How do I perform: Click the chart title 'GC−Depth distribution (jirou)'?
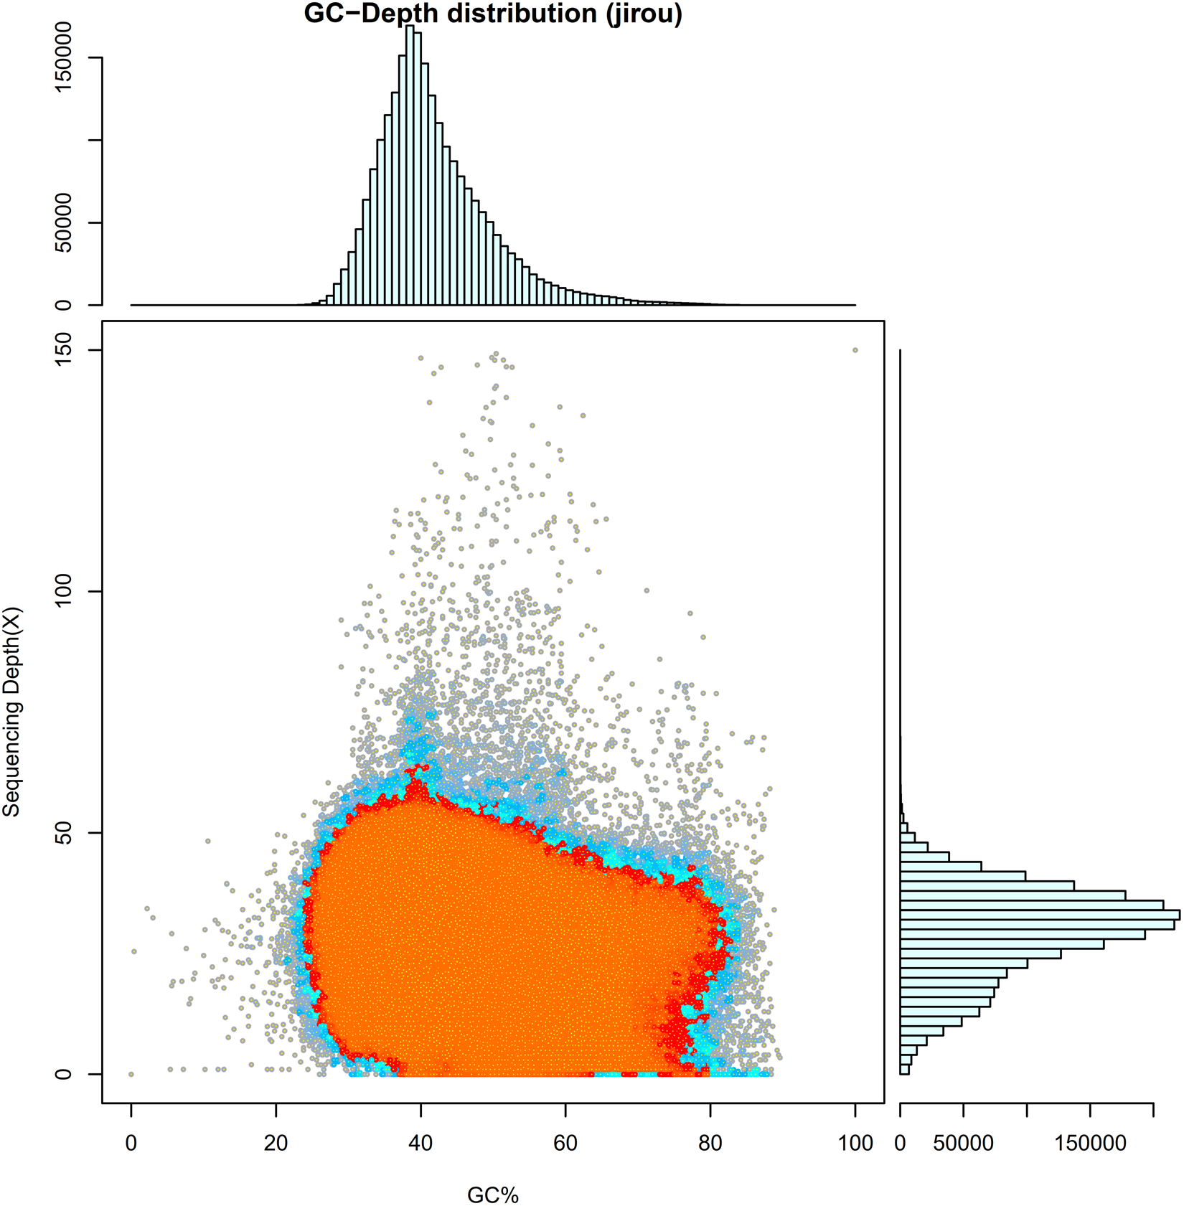pyautogui.click(x=492, y=14)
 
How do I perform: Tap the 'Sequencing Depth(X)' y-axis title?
pyautogui.click(x=12, y=712)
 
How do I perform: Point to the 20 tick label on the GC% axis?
pyautogui.click(x=276, y=1143)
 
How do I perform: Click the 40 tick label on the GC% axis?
pyautogui.click(x=420, y=1143)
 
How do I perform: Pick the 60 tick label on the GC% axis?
pyautogui.click(x=565, y=1143)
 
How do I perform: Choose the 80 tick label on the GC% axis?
pyautogui.click(x=710, y=1143)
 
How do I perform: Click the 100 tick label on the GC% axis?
pyautogui.click(x=855, y=1143)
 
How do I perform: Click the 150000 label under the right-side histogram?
pyautogui.click(x=1090, y=1143)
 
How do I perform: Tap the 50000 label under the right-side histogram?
pyautogui.click(x=963, y=1143)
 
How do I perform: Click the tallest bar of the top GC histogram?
pyautogui.click(x=410, y=165)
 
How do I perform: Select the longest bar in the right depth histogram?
pyautogui.click(x=1040, y=915)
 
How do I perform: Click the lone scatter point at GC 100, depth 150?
pyautogui.click(x=855, y=350)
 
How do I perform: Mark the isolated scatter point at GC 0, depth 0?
pyautogui.click(x=131, y=1074)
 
